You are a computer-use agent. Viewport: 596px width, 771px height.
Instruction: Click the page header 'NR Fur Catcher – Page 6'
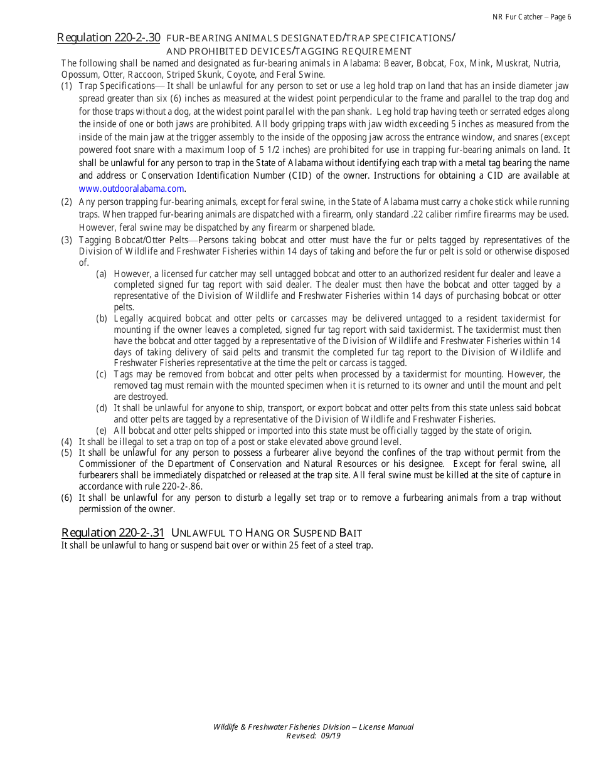click(x=531, y=17)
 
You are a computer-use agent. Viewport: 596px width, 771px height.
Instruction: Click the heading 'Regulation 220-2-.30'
click(x=109, y=38)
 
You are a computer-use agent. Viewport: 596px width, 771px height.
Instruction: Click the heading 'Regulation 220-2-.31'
click(x=113, y=533)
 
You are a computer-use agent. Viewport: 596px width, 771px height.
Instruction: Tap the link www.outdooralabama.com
click(x=132, y=188)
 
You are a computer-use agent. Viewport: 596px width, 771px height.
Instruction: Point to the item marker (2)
click(x=67, y=202)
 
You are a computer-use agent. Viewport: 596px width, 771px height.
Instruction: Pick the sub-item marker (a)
click(x=102, y=274)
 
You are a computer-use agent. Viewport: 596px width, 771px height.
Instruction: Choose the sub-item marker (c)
click(x=102, y=374)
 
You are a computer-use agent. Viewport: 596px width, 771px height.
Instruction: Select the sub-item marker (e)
click(x=102, y=431)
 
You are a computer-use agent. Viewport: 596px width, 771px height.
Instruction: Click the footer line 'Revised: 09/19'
click(x=313, y=736)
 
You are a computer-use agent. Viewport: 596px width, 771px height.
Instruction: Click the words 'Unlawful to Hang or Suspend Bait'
click(x=267, y=533)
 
